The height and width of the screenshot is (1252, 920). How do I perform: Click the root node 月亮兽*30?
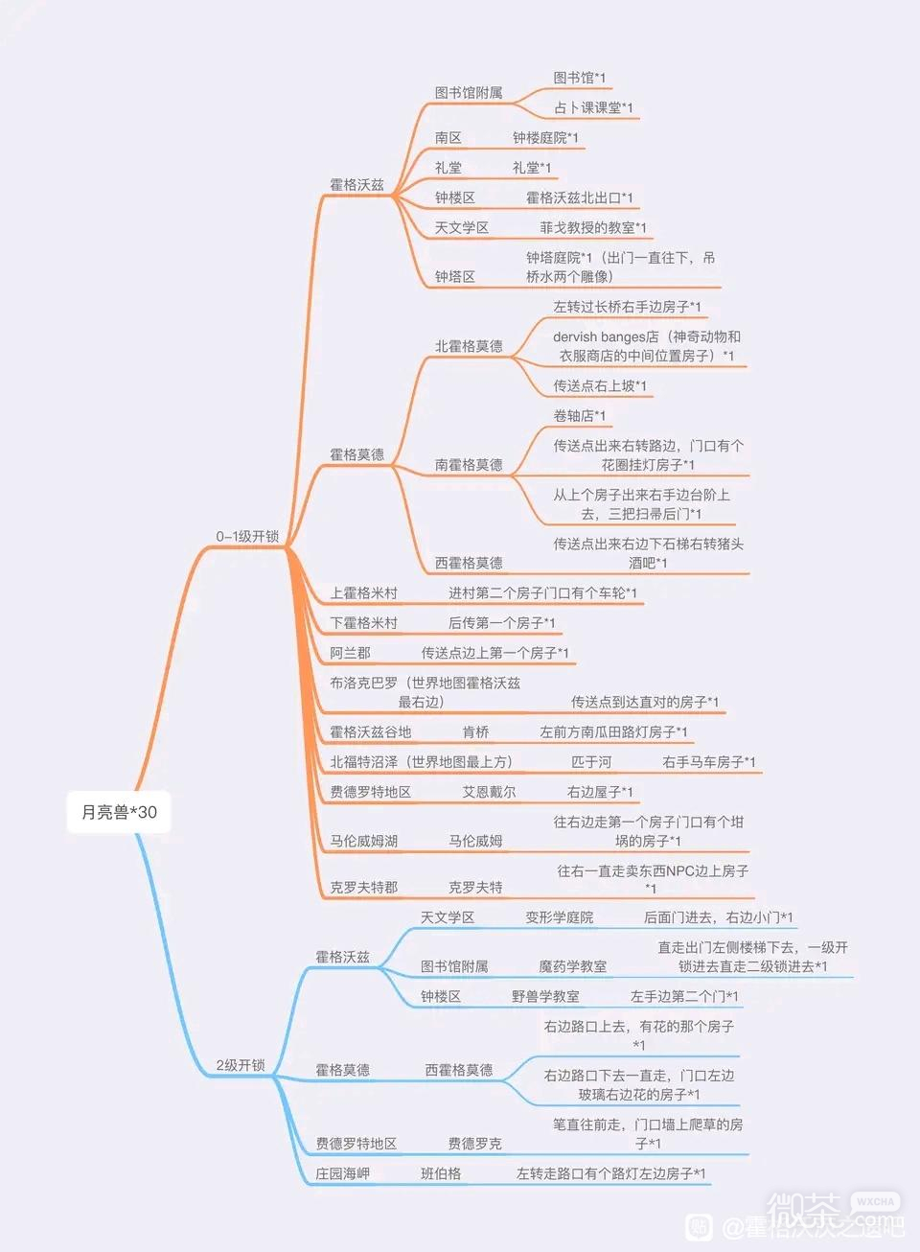[x=119, y=812]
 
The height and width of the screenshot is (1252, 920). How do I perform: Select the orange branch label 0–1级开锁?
[x=247, y=536]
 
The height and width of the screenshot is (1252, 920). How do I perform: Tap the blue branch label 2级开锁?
[x=241, y=1065]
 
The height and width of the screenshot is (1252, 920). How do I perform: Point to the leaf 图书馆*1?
[x=579, y=78]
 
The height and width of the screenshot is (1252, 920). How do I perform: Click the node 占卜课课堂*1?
[x=593, y=107]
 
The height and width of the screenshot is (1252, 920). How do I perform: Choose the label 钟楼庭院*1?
[x=545, y=137]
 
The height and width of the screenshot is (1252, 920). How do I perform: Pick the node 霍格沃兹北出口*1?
[x=579, y=197]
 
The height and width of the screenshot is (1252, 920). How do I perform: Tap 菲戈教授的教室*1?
[x=592, y=227]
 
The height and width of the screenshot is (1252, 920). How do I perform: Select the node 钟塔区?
[x=454, y=276]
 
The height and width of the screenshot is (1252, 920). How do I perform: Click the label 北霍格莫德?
[x=469, y=346]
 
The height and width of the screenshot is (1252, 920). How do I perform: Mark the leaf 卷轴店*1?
[x=579, y=415]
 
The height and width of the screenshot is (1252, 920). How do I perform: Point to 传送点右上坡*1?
[x=600, y=385]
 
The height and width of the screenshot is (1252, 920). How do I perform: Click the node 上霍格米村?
[x=363, y=592]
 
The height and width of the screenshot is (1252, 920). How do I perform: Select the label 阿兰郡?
[x=350, y=652]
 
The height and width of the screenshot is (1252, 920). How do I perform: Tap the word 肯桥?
[x=475, y=731]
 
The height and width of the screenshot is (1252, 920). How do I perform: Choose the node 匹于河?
[x=591, y=761]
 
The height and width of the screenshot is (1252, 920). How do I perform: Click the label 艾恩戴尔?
[x=489, y=792]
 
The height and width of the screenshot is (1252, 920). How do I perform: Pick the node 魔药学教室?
[x=572, y=965]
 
